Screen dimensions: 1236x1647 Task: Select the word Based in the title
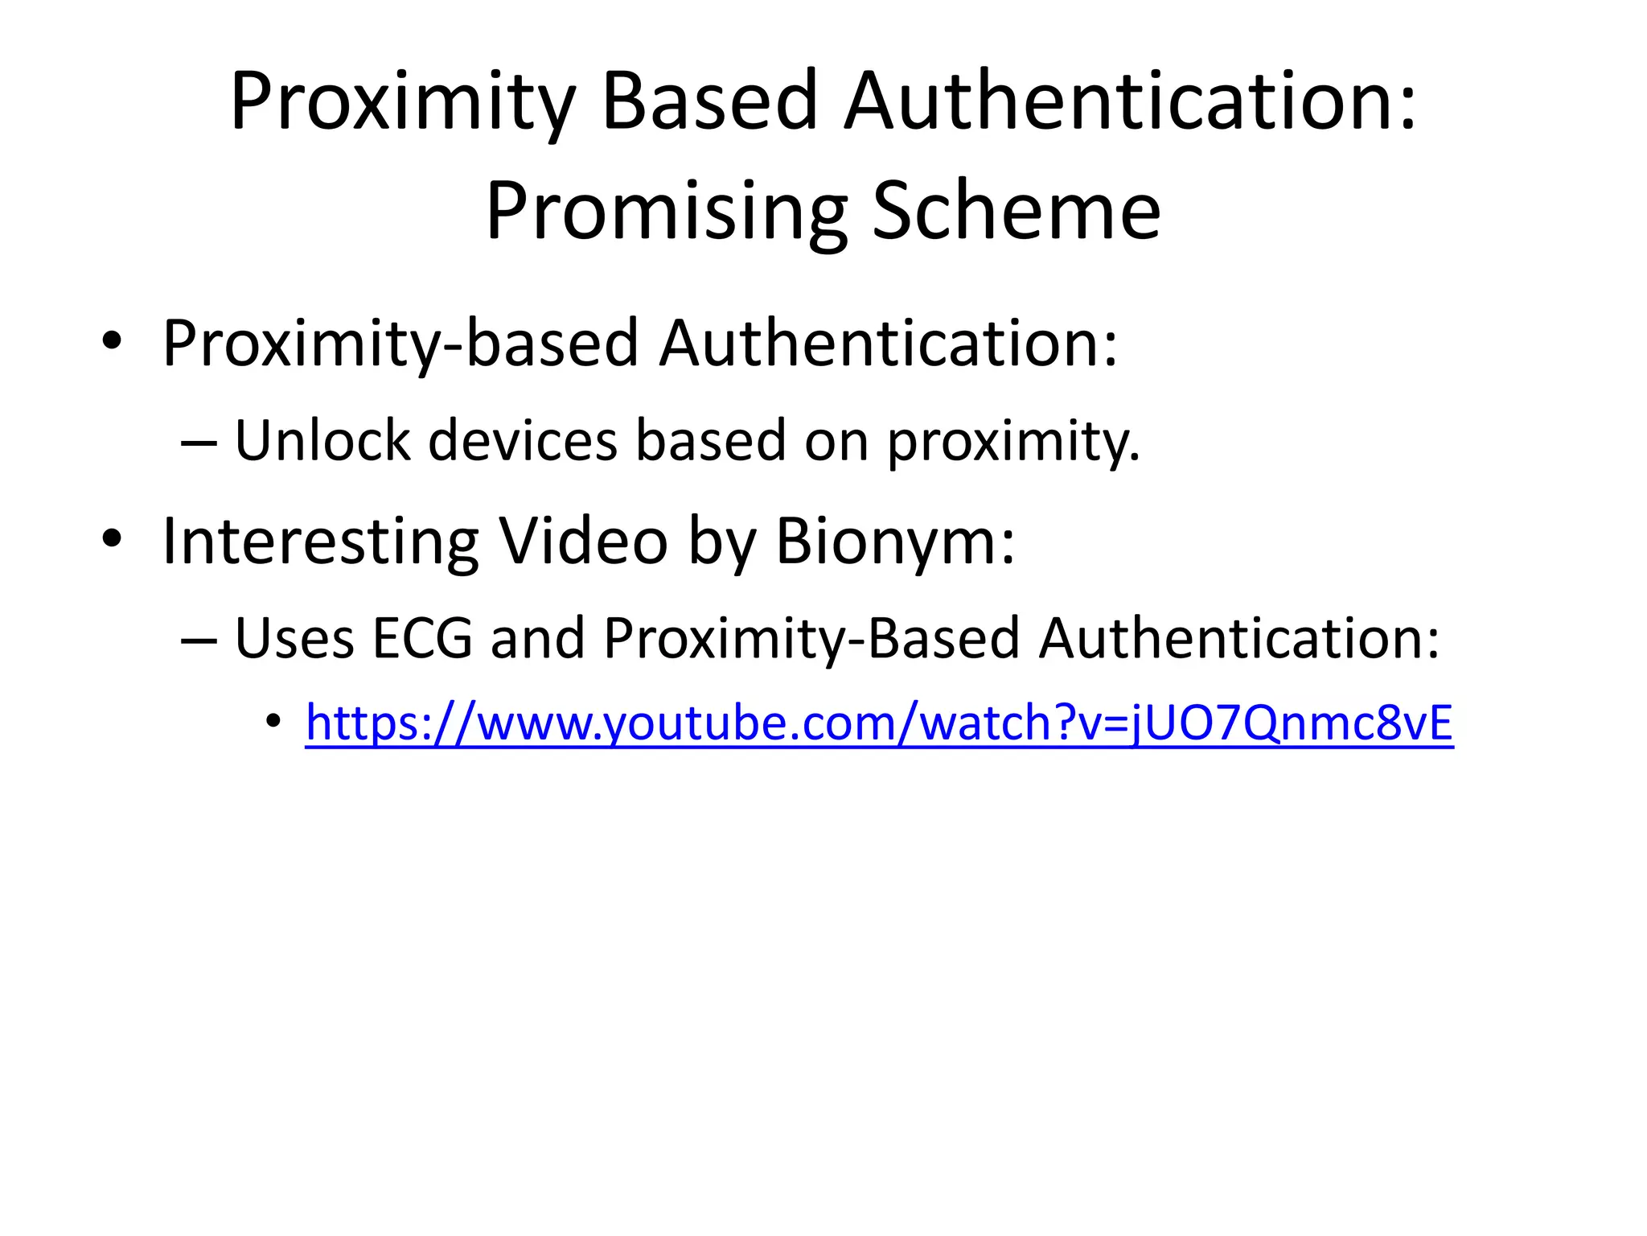tap(709, 101)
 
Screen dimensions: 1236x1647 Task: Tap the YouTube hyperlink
tap(879, 723)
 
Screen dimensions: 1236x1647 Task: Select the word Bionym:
tap(895, 541)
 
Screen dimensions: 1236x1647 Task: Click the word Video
tap(583, 541)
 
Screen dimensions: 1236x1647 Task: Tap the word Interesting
tap(320, 541)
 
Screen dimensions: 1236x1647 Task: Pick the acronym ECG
tap(422, 637)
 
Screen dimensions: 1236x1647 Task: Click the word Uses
tap(294, 637)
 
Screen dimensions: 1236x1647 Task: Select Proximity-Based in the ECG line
tap(811, 637)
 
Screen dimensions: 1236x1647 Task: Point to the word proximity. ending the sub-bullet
tap(1013, 442)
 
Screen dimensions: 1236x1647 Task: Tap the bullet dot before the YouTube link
tap(273, 720)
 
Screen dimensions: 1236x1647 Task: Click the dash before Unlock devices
tap(199, 443)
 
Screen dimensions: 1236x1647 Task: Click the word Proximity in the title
tap(402, 103)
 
